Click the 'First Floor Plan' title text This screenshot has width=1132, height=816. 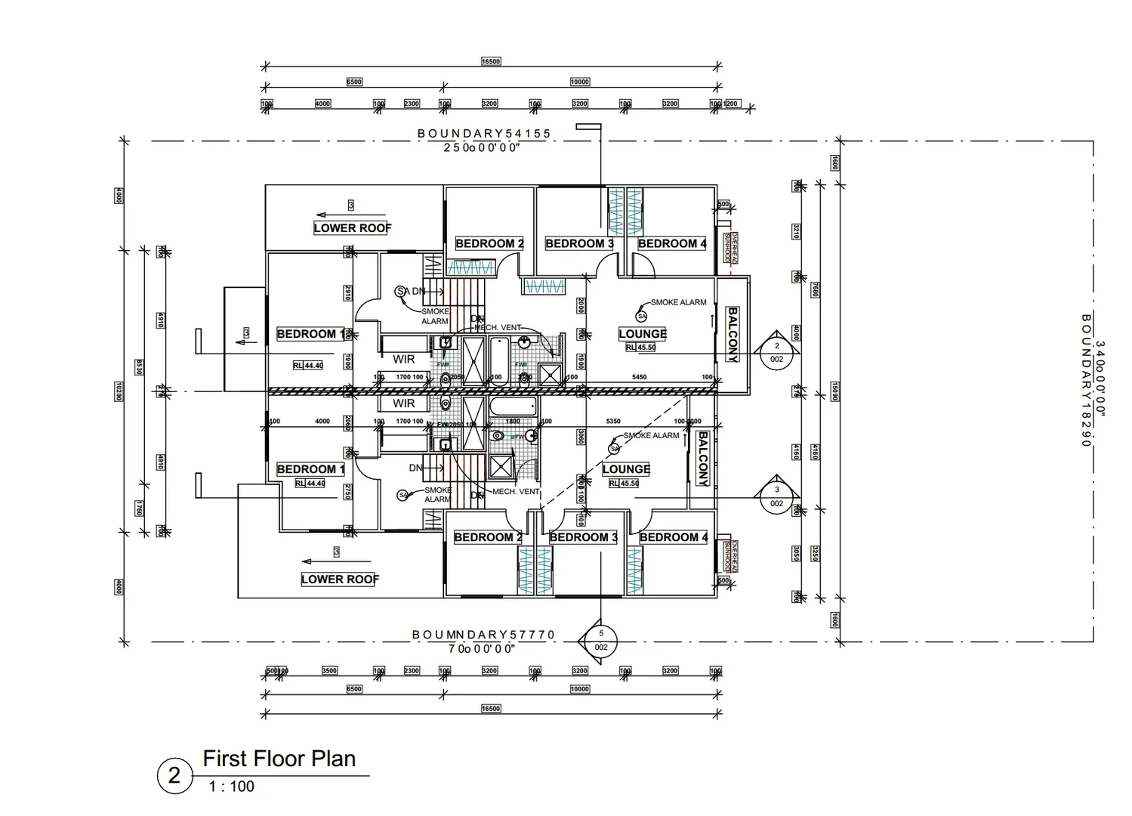pyautogui.click(x=279, y=759)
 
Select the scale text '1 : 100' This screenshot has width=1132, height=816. pyautogui.click(x=231, y=787)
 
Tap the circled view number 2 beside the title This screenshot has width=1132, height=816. pyautogui.click(x=174, y=776)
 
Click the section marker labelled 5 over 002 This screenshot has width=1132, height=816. pyautogui.click(x=601, y=641)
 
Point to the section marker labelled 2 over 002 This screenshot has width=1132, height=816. pyautogui.click(x=776, y=352)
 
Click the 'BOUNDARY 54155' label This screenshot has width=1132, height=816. pyautogui.click(x=484, y=134)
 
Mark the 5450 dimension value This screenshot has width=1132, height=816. pyautogui.click(x=639, y=377)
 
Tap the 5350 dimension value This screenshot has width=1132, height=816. pyautogui.click(x=613, y=422)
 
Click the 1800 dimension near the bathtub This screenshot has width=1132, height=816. pyautogui.click(x=512, y=422)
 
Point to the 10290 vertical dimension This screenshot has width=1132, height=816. pyautogui.click(x=119, y=391)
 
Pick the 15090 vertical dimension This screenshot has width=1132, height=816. pyautogui.click(x=835, y=391)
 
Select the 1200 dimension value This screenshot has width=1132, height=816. pyautogui.click(x=731, y=104)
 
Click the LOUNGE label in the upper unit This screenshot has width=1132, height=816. pyautogui.click(x=642, y=334)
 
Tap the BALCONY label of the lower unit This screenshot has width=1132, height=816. pyautogui.click(x=702, y=459)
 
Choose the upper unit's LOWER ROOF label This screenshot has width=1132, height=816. pyautogui.click(x=352, y=228)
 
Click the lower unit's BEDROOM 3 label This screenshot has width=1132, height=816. pyautogui.click(x=583, y=537)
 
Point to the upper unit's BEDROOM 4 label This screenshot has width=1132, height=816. pyautogui.click(x=672, y=243)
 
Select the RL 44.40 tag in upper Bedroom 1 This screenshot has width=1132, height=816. pyautogui.click(x=308, y=366)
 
